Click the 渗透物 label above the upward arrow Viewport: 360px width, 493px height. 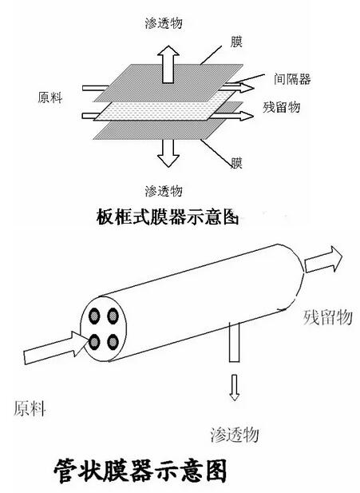[x=164, y=23]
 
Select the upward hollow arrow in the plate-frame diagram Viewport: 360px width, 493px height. [x=168, y=65]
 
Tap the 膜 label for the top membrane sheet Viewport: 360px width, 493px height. [x=236, y=42]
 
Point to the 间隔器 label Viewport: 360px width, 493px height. [x=292, y=78]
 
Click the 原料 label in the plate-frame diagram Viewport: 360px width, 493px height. [x=50, y=97]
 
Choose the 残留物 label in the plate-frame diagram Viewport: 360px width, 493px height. [x=282, y=107]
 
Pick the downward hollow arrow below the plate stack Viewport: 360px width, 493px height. [x=168, y=153]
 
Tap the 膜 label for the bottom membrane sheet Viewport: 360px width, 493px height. [x=237, y=163]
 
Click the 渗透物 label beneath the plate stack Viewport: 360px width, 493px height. [x=164, y=191]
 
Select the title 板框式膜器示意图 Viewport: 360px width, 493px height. [x=168, y=217]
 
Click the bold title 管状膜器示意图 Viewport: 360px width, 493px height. [x=140, y=471]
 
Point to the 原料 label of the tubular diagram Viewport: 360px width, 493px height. [x=30, y=408]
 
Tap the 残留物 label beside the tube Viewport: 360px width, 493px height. [x=327, y=317]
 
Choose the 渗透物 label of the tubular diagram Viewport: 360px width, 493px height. [x=235, y=434]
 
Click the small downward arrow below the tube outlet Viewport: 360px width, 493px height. [x=234, y=388]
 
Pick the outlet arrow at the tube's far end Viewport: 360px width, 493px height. [x=323, y=259]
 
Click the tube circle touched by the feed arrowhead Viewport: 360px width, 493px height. [x=94, y=342]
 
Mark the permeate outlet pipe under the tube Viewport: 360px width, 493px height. [x=235, y=342]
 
